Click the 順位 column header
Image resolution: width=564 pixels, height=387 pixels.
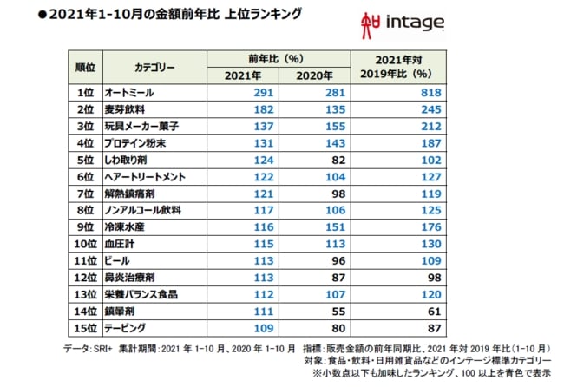(x=84, y=67)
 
